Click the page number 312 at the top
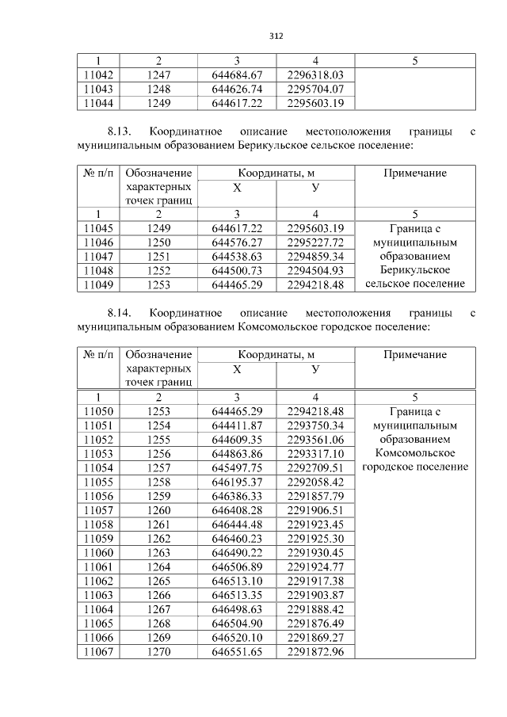click(276, 36)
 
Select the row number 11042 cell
click(98, 74)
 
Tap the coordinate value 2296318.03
click(315, 74)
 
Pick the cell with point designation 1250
click(158, 242)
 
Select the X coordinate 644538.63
click(237, 257)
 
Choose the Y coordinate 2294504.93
click(315, 271)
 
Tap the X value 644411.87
click(237, 425)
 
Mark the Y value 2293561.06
click(315, 439)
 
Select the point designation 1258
click(158, 481)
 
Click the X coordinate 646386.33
click(237, 495)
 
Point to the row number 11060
click(98, 552)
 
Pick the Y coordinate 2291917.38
click(315, 581)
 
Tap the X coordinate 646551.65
click(237, 651)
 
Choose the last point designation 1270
click(158, 651)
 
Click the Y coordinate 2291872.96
click(315, 651)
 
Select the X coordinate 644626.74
click(237, 89)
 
